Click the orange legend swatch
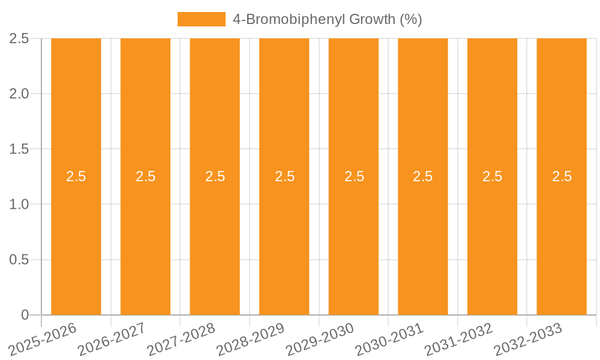click(201, 19)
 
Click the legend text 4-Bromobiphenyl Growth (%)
click(327, 19)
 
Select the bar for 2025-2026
click(76, 240)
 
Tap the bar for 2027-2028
click(215, 240)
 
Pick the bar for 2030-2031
click(423, 240)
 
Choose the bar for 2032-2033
click(562, 240)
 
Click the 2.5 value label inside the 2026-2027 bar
click(145, 176)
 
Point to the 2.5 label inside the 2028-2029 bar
click(284, 176)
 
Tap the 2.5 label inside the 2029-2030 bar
click(354, 176)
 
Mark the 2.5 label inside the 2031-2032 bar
click(493, 176)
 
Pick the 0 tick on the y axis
click(25, 315)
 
